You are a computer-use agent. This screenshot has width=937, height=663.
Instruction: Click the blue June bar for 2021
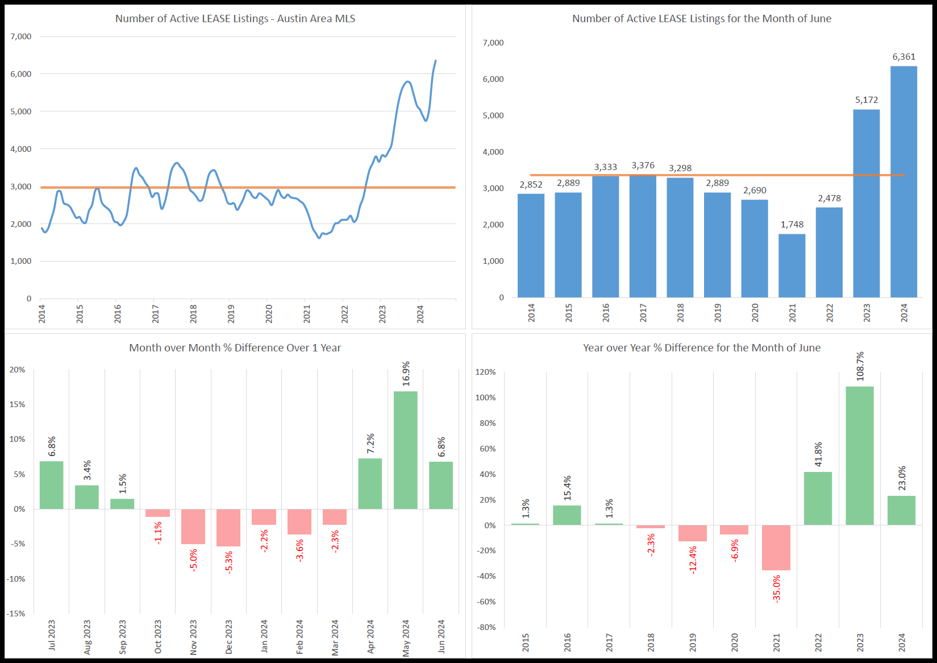click(792, 266)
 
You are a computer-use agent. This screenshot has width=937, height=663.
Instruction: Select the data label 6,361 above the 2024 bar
click(903, 57)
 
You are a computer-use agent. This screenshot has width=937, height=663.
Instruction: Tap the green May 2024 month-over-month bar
click(405, 450)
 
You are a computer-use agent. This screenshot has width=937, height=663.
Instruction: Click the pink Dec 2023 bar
click(228, 528)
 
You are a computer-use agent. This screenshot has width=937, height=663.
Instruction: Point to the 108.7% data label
click(860, 366)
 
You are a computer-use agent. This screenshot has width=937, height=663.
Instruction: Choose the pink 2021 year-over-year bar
click(776, 547)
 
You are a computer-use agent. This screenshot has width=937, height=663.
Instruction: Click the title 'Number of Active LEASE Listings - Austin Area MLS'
click(235, 19)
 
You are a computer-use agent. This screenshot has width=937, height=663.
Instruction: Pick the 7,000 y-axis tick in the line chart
click(21, 36)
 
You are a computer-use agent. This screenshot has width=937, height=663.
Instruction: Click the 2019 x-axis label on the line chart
click(231, 314)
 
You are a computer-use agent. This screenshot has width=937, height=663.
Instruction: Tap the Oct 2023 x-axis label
click(158, 636)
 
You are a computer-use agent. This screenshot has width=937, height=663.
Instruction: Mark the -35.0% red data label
click(777, 589)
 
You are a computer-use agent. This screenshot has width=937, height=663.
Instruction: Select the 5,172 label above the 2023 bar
click(867, 100)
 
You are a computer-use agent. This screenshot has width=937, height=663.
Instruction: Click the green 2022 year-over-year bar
click(818, 498)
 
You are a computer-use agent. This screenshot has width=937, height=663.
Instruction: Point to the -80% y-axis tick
click(486, 627)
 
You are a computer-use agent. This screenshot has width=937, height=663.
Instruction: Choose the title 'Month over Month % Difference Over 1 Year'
click(235, 348)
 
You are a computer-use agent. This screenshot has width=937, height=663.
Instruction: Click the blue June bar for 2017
click(643, 236)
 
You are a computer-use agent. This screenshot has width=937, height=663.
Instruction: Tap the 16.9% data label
click(406, 374)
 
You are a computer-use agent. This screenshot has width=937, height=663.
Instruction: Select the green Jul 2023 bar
click(51, 485)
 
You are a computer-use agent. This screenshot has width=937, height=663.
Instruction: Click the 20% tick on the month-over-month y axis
click(17, 370)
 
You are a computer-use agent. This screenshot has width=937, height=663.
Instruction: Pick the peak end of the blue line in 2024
click(436, 61)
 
